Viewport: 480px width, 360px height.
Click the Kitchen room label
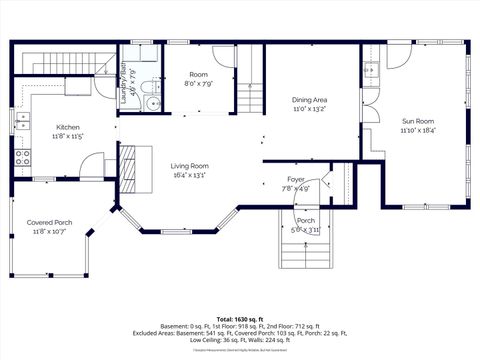[68, 128]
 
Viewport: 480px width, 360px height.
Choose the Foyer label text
[296, 179]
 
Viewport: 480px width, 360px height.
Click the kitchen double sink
[21, 122]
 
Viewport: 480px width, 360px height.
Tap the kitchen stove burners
[22, 157]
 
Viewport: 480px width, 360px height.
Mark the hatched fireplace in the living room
[125, 160]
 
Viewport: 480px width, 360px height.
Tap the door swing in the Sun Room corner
[397, 54]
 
